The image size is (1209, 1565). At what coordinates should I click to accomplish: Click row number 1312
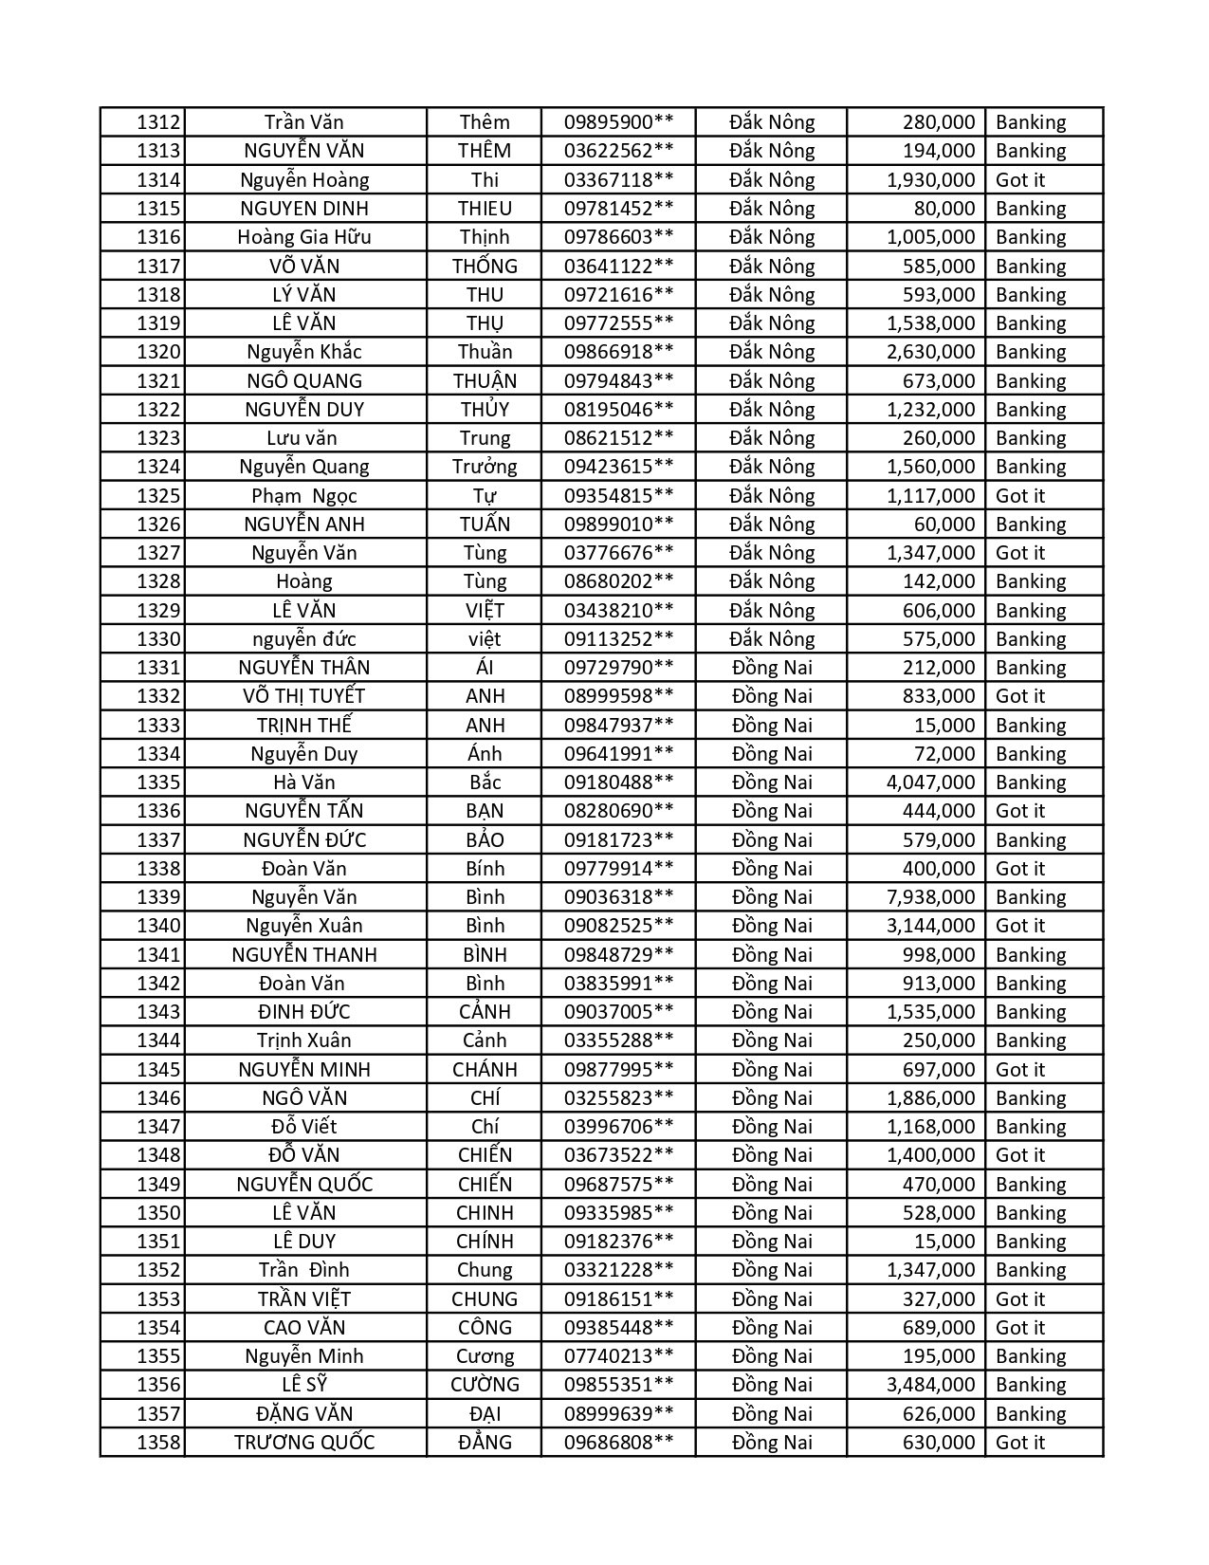click(x=157, y=122)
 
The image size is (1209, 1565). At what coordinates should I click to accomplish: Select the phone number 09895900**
click(x=618, y=122)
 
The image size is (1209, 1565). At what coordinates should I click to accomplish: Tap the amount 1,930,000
click(x=930, y=180)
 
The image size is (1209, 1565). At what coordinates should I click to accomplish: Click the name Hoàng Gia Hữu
click(x=303, y=237)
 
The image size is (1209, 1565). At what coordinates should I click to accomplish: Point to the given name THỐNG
click(x=485, y=267)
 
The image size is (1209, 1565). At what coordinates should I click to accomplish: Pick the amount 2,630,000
click(x=930, y=352)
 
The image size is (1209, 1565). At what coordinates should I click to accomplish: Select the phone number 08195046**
click(x=618, y=410)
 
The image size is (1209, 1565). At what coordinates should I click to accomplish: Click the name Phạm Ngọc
click(x=303, y=496)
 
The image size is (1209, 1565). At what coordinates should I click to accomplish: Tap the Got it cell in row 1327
click(x=1020, y=553)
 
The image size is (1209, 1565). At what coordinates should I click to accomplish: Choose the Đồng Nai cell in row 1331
click(x=772, y=668)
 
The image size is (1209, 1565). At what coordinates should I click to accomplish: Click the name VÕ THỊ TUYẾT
click(x=303, y=696)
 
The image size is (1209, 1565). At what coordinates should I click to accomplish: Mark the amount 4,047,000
click(x=930, y=782)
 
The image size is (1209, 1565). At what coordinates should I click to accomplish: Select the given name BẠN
click(x=485, y=811)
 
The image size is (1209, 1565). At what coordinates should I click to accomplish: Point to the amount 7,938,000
click(x=930, y=897)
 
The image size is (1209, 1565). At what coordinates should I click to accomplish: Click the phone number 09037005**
click(x=618, y=1012)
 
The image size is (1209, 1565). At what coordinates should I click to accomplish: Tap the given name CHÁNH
click(x=485, y=1070)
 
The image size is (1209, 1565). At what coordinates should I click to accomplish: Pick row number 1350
click(x=157, y=1213)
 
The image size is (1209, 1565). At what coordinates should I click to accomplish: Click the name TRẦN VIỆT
click(x=303, y=1299)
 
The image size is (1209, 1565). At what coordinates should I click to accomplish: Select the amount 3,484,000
click(x=930, y=1385)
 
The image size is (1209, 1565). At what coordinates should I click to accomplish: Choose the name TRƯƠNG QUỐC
click(x=303, y=1443)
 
